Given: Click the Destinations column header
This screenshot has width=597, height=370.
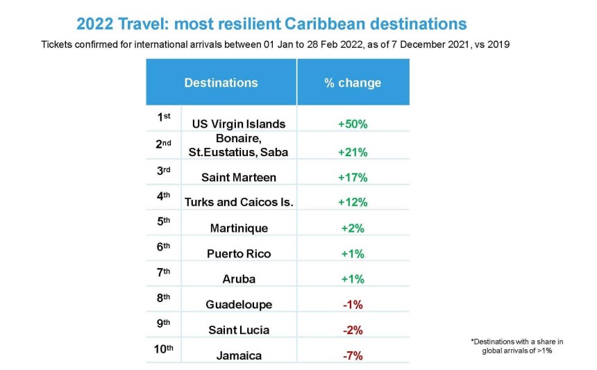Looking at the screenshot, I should click(221, 83).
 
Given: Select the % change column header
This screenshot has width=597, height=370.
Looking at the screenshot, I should click(353, 83).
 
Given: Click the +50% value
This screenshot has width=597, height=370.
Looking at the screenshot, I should click(353, 124).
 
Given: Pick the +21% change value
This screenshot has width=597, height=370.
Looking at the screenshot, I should click(353, 152).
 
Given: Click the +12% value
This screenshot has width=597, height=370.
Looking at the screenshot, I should click(353, 202).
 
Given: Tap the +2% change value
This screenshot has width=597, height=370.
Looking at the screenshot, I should click(353, 228).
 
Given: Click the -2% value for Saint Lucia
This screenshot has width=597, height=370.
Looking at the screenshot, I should click(353, 330).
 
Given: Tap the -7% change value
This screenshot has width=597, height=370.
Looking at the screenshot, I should click(353, 355).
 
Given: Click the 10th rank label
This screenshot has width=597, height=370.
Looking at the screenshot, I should click(164, 348).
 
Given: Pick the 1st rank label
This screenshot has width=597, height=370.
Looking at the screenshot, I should click(164, 118).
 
